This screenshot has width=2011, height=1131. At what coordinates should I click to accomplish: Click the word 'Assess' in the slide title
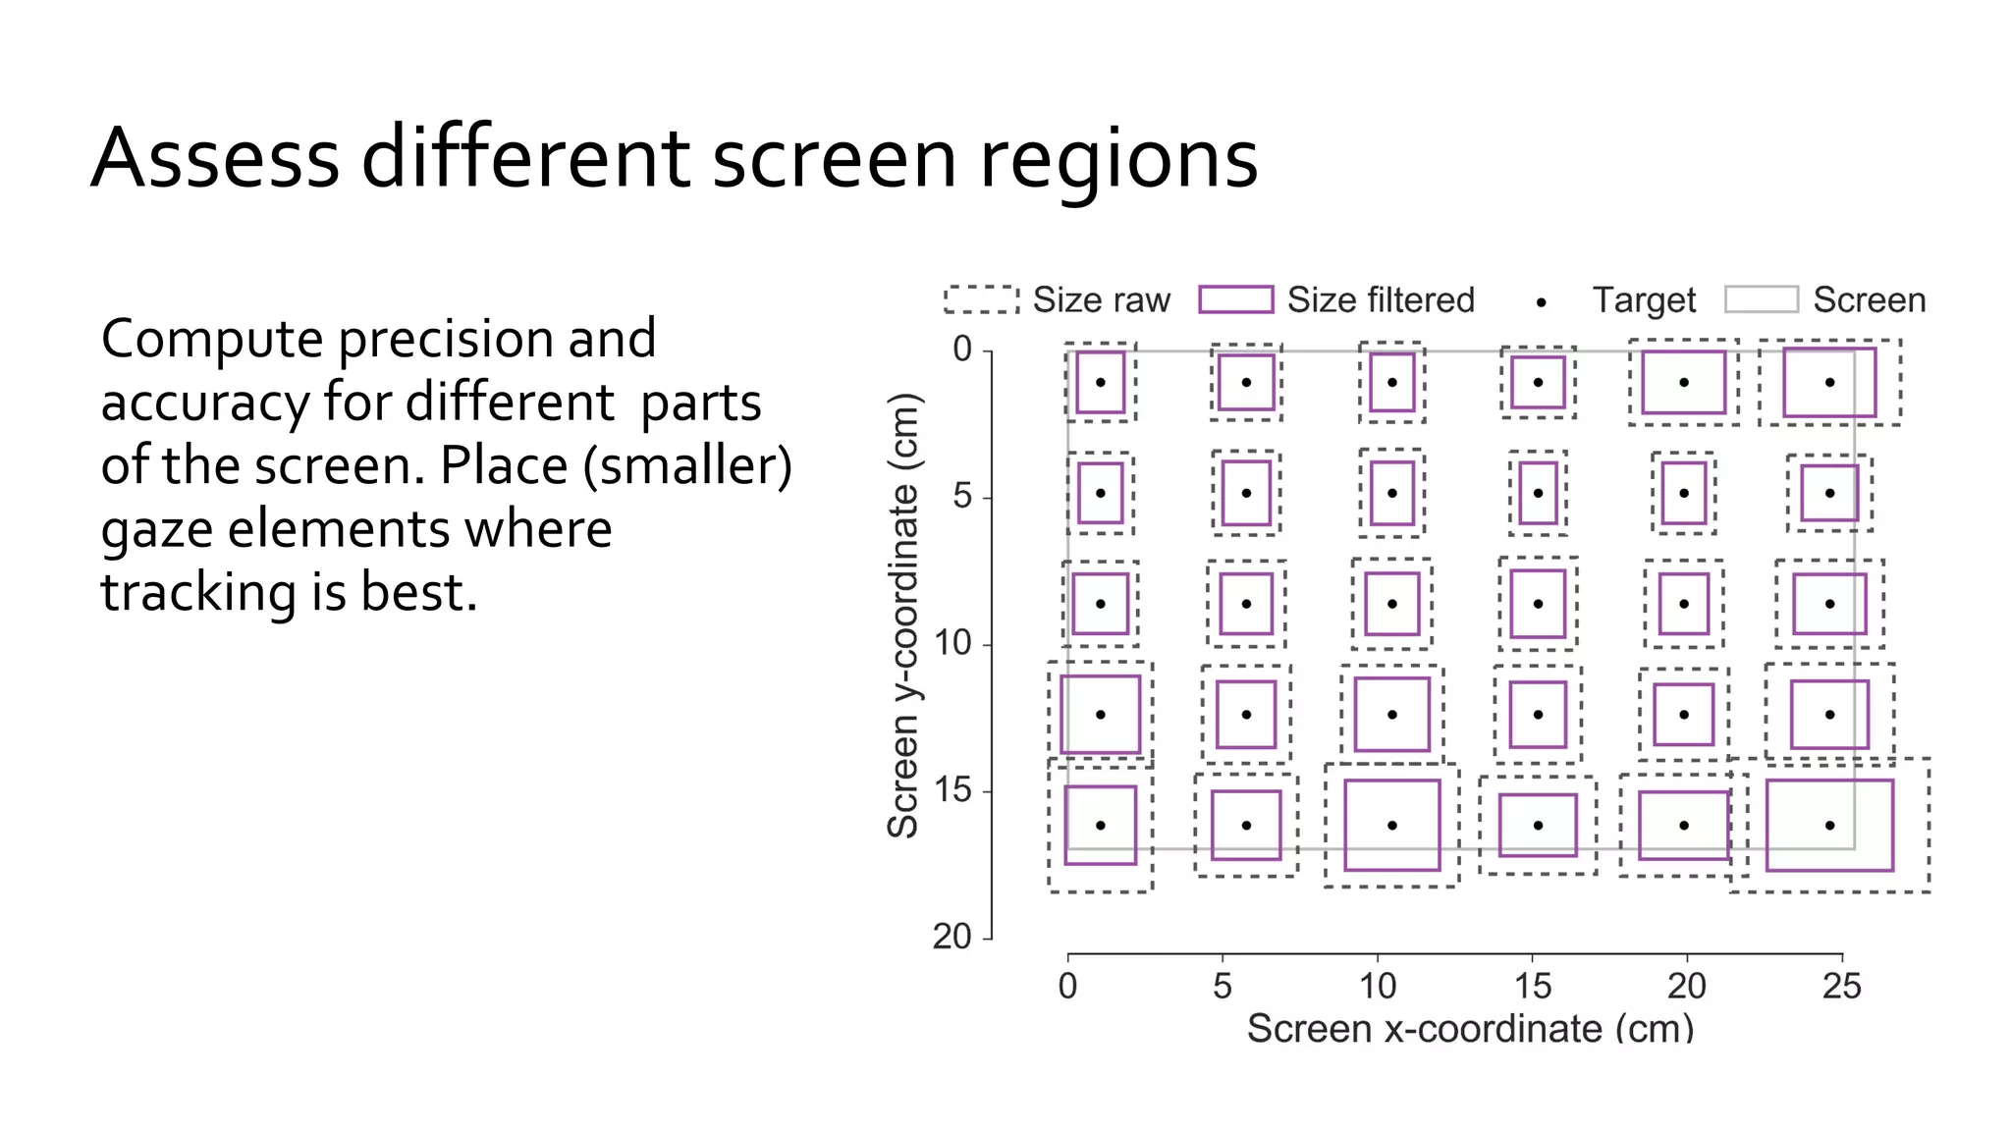[x=215, y=158]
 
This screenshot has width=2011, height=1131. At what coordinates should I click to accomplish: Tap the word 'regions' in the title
[x=1118, y=160]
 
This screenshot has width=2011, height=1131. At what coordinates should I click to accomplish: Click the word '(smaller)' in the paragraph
[x=687, y=465]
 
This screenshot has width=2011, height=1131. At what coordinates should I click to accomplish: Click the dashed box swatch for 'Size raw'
[x=981, y=299]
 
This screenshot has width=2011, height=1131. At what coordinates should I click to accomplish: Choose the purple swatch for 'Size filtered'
[x=1235, y=299]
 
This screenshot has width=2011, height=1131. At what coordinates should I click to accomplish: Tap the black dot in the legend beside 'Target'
[x=1542, y=303]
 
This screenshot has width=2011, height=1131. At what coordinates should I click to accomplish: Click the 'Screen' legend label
[x=1869, y=299]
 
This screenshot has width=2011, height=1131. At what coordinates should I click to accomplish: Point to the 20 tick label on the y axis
[x=951, y=937]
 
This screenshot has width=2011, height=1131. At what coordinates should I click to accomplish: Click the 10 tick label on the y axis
[x=951, y=643]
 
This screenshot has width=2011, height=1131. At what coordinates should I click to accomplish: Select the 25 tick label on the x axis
[x=1841, y=986]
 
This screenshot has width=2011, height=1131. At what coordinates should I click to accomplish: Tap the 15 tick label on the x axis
[x=1532, y=986]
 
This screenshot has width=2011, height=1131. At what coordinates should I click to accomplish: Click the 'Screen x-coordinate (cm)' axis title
[x=1470, y=1028]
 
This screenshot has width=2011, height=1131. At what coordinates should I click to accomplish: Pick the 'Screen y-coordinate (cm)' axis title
[x=902, y=616]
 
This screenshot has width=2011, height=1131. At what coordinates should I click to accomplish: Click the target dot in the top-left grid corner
[x=1101, y=383]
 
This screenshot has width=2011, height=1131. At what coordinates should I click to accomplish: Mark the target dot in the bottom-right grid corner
[x=1829, y=826]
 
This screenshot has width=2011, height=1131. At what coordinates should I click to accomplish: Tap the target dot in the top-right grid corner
[x=1829, y=383]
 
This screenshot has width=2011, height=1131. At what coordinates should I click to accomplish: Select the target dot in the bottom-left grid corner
[x=1101, y=826]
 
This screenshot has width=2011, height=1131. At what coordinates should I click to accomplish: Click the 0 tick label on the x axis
[x=1067, y=986]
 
